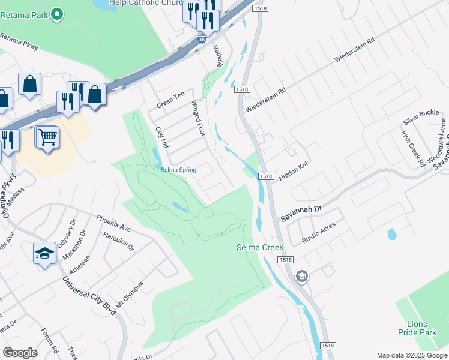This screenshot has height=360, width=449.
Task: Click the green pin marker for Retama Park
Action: click(57, 14)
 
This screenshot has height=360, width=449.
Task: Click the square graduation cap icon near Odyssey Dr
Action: click(44, 254)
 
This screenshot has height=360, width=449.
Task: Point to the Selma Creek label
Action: click(259, 247)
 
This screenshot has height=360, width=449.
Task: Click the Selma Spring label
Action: click(178, 170)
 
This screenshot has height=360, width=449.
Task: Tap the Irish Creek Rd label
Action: click(414, 148)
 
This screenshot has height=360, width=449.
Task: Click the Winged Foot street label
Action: click(199, 119)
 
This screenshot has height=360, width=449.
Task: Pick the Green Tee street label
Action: click(170, 100)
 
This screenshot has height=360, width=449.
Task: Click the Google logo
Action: click(20, 353)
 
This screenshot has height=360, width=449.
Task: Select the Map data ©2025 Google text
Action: click(411, 355)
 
